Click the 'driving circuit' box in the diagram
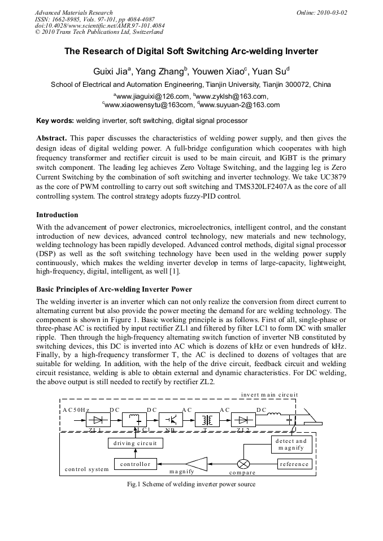click(x=135, y=443)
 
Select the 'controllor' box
click(x=135, y=464)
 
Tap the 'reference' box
click(x=294, y=464)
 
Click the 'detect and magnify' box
click(x=291, y=444)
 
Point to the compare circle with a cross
click(x=244, y=464)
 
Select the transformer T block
click(x=207, y=420)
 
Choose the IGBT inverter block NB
click(x=170, y=420)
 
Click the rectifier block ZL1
click(x=98, y=420)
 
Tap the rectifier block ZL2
click(x=243, y=420)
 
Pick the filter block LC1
click(x=134, y=420)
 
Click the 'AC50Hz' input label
click(x=76, y=410)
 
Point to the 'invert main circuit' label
click(x=269, y=395)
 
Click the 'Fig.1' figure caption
click(x=191, y=484)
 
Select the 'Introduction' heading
click(x=57, y=215)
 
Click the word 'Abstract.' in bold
click(x=51, y=138)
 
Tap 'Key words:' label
click(x=55, y=121)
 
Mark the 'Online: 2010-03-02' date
click(x=322, y=12)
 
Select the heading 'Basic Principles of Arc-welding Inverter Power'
click(x=114, y=289)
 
